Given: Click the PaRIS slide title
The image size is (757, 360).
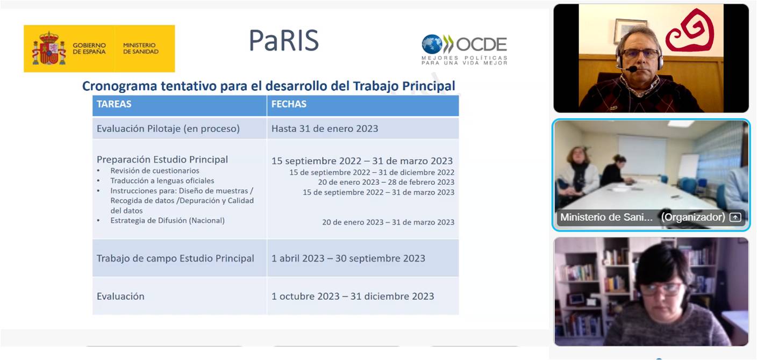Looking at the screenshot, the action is tap(284, 40).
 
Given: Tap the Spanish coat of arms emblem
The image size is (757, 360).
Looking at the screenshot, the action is tap(49, 48).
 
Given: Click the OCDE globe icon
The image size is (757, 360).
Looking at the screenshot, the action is tap(432, 44).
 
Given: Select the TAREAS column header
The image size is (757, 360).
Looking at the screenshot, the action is tap(114, 104).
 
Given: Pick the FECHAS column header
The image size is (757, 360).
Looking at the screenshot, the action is tap(289, 104).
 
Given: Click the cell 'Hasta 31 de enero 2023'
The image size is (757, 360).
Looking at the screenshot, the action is tap(325, 128).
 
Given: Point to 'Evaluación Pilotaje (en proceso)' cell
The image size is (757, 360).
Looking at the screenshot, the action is tap(168, 128).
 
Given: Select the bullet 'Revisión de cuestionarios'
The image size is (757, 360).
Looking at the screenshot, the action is tap(155, 170).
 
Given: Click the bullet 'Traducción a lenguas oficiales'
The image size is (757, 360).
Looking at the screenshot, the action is tap(162, 181).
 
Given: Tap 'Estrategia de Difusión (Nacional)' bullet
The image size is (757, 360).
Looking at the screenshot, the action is tap(168, 220).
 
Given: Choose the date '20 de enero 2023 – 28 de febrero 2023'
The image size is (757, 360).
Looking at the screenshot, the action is tap(386, 182).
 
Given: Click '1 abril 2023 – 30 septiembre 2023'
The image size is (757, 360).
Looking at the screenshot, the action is tap(348, 258).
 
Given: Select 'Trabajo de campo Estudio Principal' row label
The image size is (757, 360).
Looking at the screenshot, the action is tap(175, 258).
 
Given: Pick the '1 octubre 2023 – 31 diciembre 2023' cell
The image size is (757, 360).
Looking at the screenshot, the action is tap(353, 296).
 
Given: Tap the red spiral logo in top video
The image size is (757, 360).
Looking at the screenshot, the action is tap(689, 31).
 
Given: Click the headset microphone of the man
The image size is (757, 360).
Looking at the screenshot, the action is tap(631, 69).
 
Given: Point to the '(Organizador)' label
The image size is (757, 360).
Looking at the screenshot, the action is tap(693, 217).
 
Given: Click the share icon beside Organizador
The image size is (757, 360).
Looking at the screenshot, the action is tap(735, 217).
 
